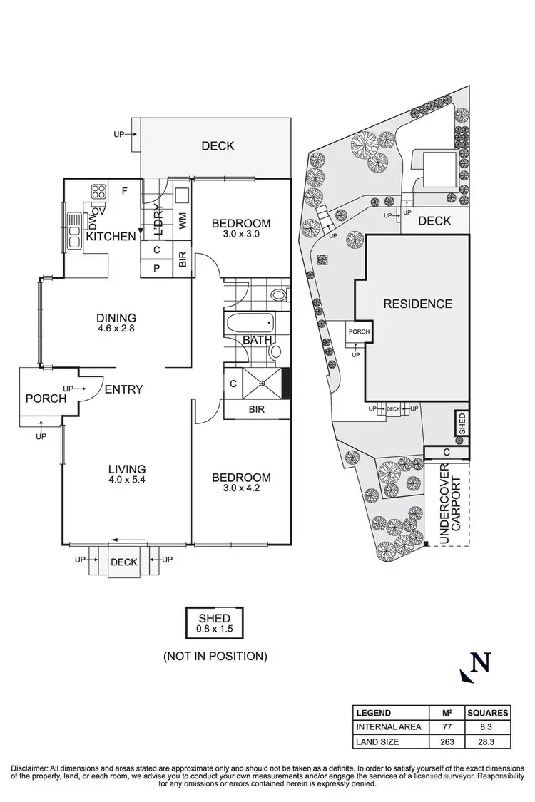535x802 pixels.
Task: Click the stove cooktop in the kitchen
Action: coord(98,191)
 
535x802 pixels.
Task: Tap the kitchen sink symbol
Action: coord(74,232)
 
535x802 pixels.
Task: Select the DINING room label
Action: coord(116,318)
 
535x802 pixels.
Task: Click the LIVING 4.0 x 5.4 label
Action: coord(127,475)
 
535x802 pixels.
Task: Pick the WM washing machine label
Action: coord(183,221)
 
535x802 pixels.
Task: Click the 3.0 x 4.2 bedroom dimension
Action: coord(241,490)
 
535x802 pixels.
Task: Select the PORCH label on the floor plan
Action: coord(46,399)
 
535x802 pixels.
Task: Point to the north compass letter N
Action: coord(482,663)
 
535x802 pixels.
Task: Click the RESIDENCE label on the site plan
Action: coord(418,304)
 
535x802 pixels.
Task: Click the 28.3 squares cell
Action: coord(487,741)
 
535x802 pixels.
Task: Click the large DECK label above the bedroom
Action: coord(218,146)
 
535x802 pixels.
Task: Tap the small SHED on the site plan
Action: coord(462,423)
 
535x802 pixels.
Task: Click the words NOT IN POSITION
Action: coord(215,656)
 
